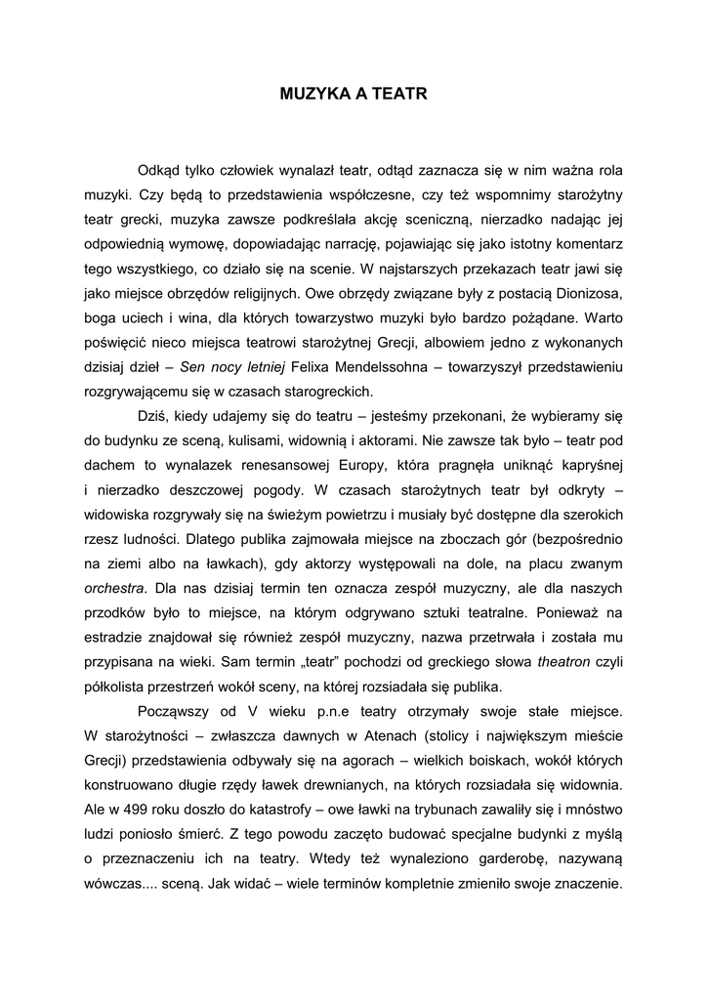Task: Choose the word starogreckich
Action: coord(327,393)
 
